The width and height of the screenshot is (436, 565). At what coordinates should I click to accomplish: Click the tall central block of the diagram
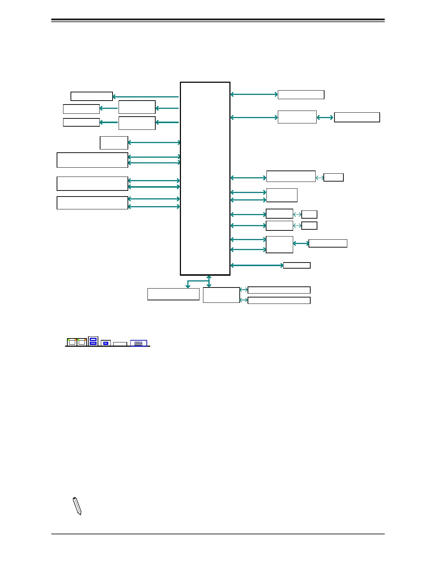205,178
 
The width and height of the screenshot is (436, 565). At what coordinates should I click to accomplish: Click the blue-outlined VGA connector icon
139,343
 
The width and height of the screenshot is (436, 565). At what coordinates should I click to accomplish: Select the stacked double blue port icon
93,341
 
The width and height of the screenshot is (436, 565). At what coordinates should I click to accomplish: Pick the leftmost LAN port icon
72,342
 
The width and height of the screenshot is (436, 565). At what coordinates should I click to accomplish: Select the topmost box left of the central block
92,96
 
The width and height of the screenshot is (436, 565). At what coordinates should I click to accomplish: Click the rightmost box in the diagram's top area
357,117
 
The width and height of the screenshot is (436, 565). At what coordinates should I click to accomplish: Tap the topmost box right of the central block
301,95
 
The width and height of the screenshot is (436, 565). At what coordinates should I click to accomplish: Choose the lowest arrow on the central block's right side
256,265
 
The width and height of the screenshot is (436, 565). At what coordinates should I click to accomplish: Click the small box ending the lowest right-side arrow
297,265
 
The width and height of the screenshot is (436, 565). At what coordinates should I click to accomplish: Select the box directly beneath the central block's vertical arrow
221,295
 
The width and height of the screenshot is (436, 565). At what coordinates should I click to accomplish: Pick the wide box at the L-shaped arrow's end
173,294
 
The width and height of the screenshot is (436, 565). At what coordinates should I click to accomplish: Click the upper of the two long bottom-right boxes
279,290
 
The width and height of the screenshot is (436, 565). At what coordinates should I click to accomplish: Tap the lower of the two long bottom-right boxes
279,300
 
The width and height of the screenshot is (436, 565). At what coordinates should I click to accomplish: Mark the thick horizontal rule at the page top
218,20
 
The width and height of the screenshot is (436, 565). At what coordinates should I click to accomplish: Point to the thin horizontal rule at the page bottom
218,534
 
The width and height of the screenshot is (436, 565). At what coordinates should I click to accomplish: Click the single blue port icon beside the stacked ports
106,343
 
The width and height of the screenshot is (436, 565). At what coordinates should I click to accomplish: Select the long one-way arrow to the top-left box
145,97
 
